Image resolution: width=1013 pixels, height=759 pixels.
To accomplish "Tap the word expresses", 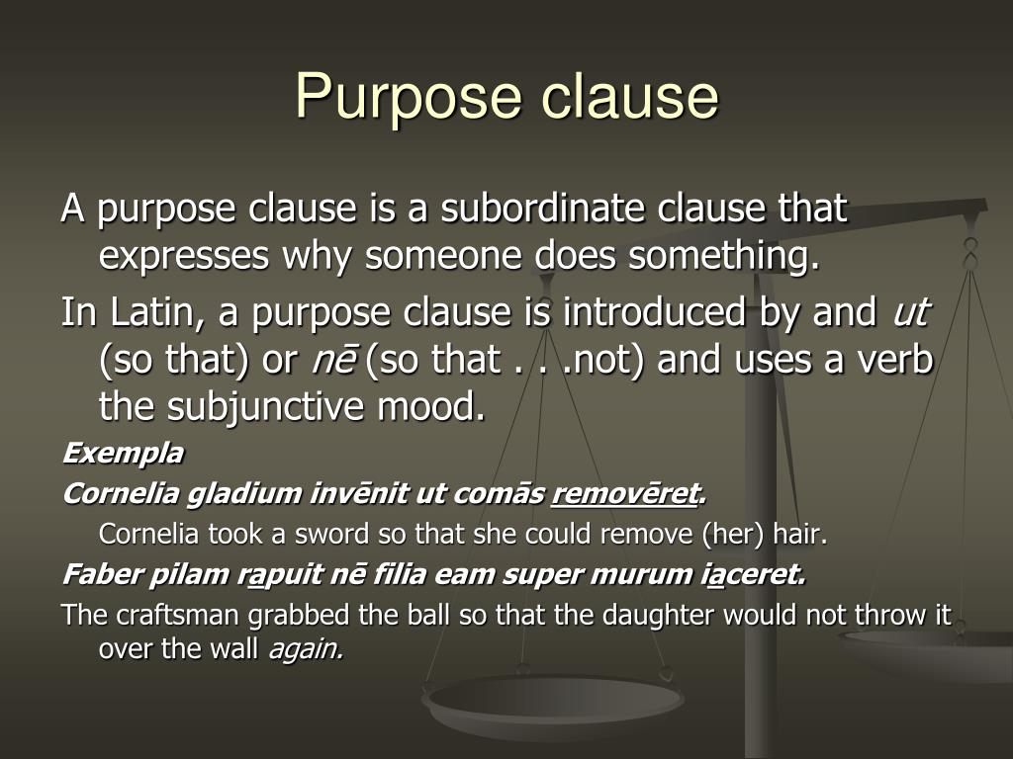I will pyautogui.click(x=183, y=257).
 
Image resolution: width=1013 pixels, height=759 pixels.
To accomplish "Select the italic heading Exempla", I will pyautogui.click(x=123, y=454).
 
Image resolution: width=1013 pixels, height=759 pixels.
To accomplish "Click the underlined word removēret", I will pyautogui.click(x=625, y=493).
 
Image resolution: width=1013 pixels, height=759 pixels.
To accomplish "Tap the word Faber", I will pyautogui.click(x=95, y=574).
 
